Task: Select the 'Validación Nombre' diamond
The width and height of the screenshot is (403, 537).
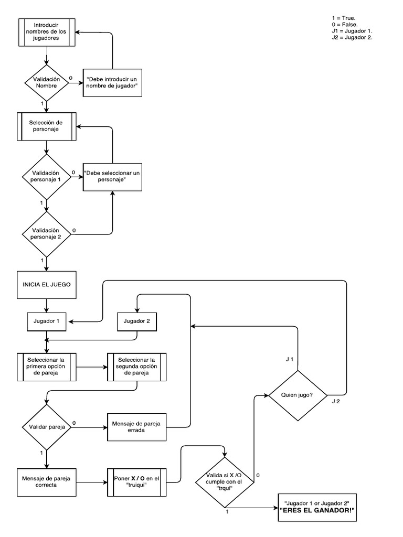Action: tap(47, 82)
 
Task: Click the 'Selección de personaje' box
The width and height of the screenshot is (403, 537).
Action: tap(47, 126)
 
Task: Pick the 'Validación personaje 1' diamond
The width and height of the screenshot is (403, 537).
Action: tap(47, 176)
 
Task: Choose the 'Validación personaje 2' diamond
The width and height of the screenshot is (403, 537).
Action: tap(47, 234)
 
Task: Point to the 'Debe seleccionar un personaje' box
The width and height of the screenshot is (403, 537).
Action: tap(113, 176)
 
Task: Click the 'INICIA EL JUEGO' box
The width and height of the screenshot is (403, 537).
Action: tap(47, 285)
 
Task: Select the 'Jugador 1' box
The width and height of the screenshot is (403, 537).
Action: tap(47, 321)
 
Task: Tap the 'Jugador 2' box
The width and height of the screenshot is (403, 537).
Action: tap(137, 321)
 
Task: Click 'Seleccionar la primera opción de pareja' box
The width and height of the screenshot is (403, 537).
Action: tap(47, 366)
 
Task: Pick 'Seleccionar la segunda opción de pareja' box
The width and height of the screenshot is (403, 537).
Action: tap(137, 366)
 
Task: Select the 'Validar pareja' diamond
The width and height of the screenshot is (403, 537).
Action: tap(47, 427)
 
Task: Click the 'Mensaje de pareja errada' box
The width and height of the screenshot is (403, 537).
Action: tap(137, 427)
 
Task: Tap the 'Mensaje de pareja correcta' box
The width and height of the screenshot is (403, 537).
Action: tap(47, 481)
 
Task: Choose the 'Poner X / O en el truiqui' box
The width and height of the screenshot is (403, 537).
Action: tap(137, 481)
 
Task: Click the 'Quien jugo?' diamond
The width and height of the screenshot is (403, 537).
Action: tap(298, 395)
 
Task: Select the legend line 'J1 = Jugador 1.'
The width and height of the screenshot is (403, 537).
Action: tap(348, 31)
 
